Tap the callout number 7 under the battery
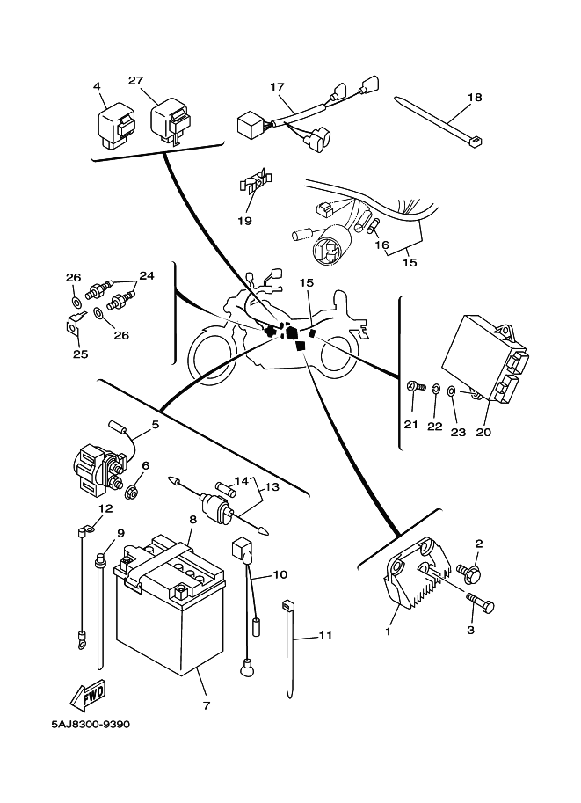point(206,704)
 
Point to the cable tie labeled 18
point(439,124)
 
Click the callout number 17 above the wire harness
point(278,87)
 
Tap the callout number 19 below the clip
point(245,221)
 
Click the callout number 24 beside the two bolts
point(146,275)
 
